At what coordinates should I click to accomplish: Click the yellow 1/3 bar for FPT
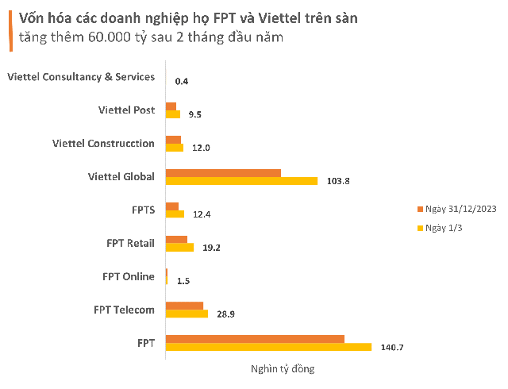coord(268,347)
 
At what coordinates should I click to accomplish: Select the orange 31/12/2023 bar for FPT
coord(255,338)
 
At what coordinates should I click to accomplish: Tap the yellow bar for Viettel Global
coord(241,181)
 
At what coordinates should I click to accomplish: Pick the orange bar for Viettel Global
coord(223,172)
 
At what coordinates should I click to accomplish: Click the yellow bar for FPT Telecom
coord(187,314)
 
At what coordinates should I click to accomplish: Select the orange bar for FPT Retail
coord(176,239)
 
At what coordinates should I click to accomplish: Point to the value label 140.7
coord(393,348)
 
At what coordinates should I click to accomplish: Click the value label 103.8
coord(338,181)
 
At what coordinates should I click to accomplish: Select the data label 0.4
coord(182,81)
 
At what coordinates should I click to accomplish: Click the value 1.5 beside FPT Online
coord(183,281)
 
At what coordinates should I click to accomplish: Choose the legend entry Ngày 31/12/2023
coord(456,209)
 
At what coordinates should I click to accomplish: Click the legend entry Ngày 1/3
coord(442,229)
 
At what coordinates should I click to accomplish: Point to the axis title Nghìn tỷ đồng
coord(271,369)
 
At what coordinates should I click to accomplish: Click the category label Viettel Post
coord(127,110)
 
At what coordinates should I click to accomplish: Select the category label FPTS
coord(143,210)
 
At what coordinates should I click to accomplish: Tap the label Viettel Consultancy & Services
coord(80,76)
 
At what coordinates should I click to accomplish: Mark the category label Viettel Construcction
coord(103,143)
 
